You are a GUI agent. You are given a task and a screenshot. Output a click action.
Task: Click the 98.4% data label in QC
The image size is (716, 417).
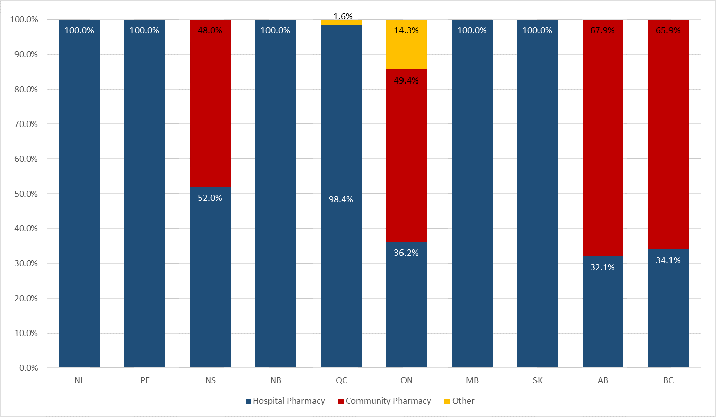pos(341,199)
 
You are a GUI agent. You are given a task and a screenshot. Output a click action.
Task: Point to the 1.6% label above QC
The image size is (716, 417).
pos(343,16)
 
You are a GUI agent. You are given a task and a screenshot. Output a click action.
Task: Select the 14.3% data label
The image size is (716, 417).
pos(406,30)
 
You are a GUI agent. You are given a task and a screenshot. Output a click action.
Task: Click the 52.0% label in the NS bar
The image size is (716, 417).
pos(210,198)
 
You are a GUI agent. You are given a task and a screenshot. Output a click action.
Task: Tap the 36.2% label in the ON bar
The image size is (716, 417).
pos(406,253)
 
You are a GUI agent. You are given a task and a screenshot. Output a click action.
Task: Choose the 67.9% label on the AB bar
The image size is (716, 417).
pos(602,30)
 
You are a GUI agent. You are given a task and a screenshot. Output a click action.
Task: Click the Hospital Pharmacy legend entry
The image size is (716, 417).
pos(285,401)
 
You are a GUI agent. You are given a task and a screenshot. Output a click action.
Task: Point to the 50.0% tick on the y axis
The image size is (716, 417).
pos(24,194)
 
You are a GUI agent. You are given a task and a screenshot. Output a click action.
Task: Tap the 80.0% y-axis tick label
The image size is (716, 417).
pos(24,89)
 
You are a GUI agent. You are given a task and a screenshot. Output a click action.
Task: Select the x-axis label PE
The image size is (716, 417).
pos(145,381)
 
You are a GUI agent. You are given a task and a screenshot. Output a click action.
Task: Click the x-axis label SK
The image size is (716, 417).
pos(537,381)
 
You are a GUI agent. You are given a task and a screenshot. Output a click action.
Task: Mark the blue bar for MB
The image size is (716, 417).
pos(472,202)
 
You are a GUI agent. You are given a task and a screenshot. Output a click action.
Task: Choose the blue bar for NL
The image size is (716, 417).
pos(79,202)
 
